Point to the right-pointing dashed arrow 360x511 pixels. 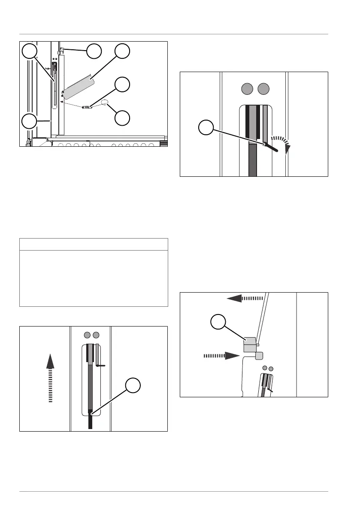(221, 355)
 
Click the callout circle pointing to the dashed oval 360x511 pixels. (123, 118)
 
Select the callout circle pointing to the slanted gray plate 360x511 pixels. (123, 51)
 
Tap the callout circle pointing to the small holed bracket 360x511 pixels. (123, 85)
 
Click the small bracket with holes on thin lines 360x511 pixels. (87, 108)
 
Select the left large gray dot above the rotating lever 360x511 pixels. (247, 89)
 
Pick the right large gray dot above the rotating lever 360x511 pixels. (264, 89)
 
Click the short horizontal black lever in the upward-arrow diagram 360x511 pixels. (101, 366)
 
